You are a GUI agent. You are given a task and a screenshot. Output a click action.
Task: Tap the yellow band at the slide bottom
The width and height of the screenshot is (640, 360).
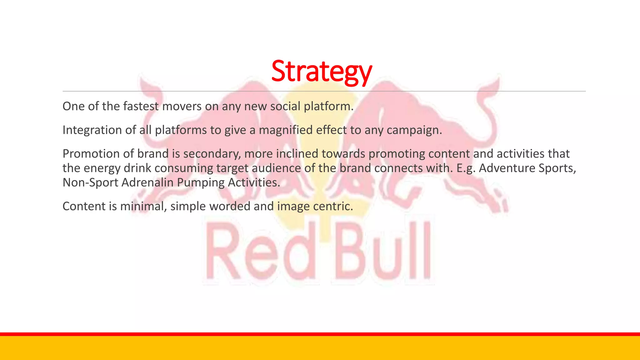[320, 348]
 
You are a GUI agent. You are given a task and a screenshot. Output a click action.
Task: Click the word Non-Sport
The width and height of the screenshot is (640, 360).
[90, 182]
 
